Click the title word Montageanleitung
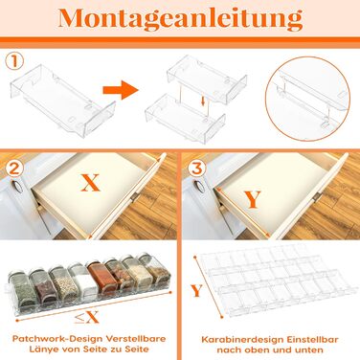point(180,18)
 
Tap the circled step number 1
point(14,61)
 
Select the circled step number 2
point(14,169)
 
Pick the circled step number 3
point(196,169)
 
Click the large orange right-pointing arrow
point(121,90)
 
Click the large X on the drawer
point(91,183)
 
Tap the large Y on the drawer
point(253,199)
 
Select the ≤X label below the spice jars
point(86,317)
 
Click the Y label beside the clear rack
point(197,290)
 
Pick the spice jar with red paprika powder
point(99,277)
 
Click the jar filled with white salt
point(79,281)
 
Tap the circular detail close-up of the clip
point(307,99)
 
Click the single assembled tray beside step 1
point(62,101)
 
